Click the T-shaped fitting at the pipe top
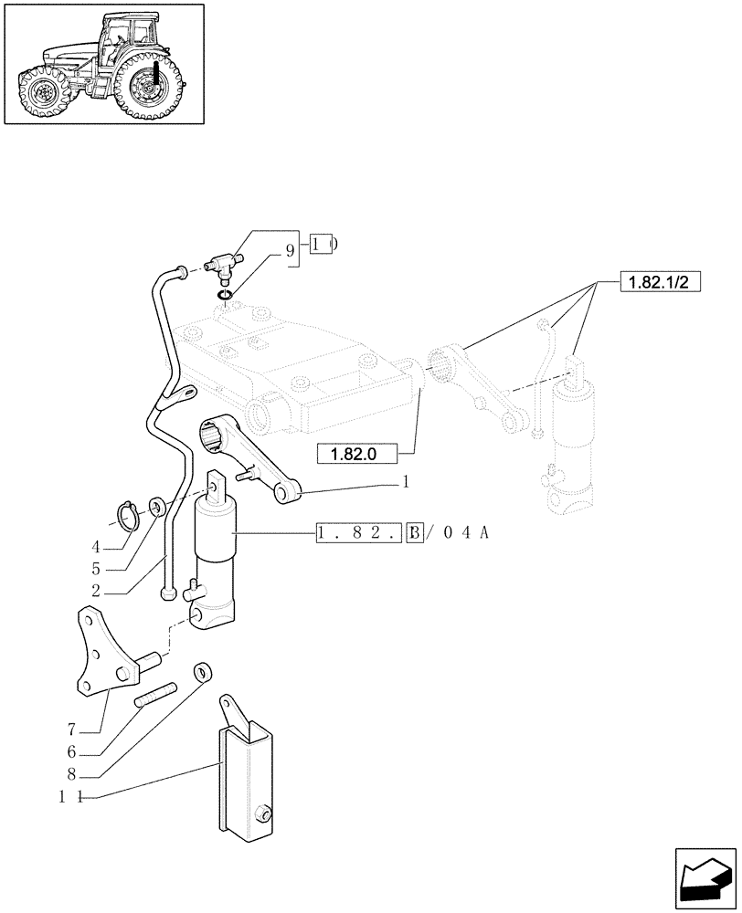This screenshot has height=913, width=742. tap(219, 264)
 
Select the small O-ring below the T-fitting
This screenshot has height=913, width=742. tap(225, 293)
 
